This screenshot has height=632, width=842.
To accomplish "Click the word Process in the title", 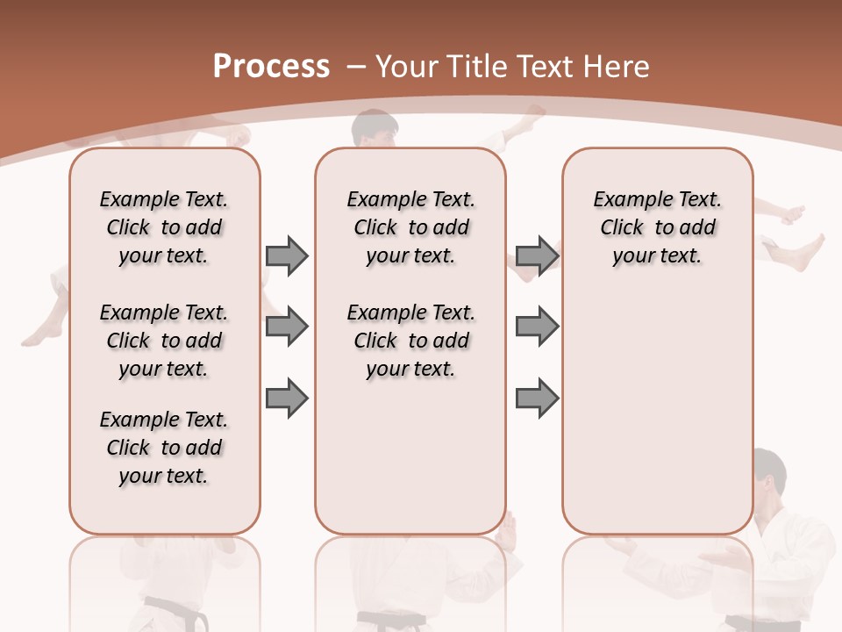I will (x=271, y=66).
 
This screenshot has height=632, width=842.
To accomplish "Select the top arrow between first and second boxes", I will (x=287, y=255).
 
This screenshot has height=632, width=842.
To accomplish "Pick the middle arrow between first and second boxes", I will (x=287, y=327).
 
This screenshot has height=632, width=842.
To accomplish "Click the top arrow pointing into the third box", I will (x=537, y=255).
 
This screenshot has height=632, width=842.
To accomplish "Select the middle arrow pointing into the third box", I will (x=537, y=327).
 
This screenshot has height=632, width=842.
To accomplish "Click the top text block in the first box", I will (x=164, y=227).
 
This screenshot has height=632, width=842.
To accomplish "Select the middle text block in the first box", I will (x=164, y=341).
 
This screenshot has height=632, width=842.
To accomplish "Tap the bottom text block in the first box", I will (x=164, y=448).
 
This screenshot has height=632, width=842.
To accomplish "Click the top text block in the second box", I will (x=410, y=227).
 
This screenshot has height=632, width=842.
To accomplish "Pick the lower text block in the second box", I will (x=410, y=341).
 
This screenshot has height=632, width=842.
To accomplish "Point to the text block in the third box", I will (x=657, y=227).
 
